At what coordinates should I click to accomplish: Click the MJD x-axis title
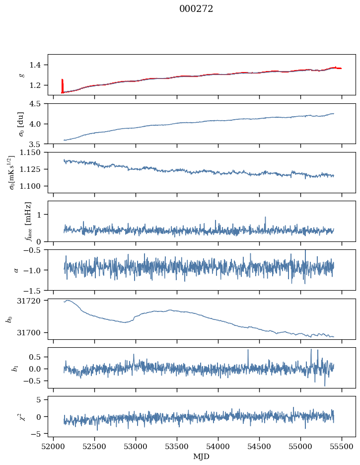coord(202,457)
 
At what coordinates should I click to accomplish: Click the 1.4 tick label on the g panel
coord(38,65)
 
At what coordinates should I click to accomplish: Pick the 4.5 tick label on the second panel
coord(38,104)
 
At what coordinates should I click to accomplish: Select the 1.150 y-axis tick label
coord(33,153)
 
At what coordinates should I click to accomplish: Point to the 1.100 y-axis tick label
coord(33,186)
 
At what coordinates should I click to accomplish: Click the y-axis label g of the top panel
coord(21,75)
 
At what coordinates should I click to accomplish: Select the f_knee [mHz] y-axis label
coord(28,221)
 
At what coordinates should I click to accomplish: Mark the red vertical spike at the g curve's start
coord(62,85)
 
